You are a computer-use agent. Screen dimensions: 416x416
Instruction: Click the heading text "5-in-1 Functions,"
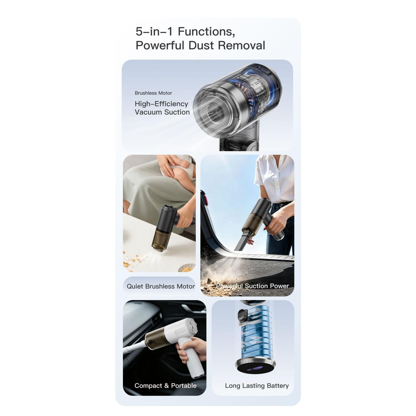[x=185, y=32]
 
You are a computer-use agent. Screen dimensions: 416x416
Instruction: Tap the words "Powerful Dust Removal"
[x=200, y=45]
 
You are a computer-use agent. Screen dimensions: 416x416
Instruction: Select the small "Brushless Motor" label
[x=153, y=93]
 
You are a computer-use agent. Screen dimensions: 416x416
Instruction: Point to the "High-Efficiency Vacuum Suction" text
[x=162, y=108]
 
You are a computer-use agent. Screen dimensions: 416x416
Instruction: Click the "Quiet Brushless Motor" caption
[x=161, y=286]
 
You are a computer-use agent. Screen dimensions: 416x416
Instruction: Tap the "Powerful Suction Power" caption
[x=252, y=286]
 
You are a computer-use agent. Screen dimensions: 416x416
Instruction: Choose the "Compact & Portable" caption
[x=165, y=385]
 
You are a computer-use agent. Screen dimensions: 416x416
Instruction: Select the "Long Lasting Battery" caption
[x=257, y=385]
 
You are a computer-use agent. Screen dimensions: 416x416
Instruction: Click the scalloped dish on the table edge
[x=187, y=268]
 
